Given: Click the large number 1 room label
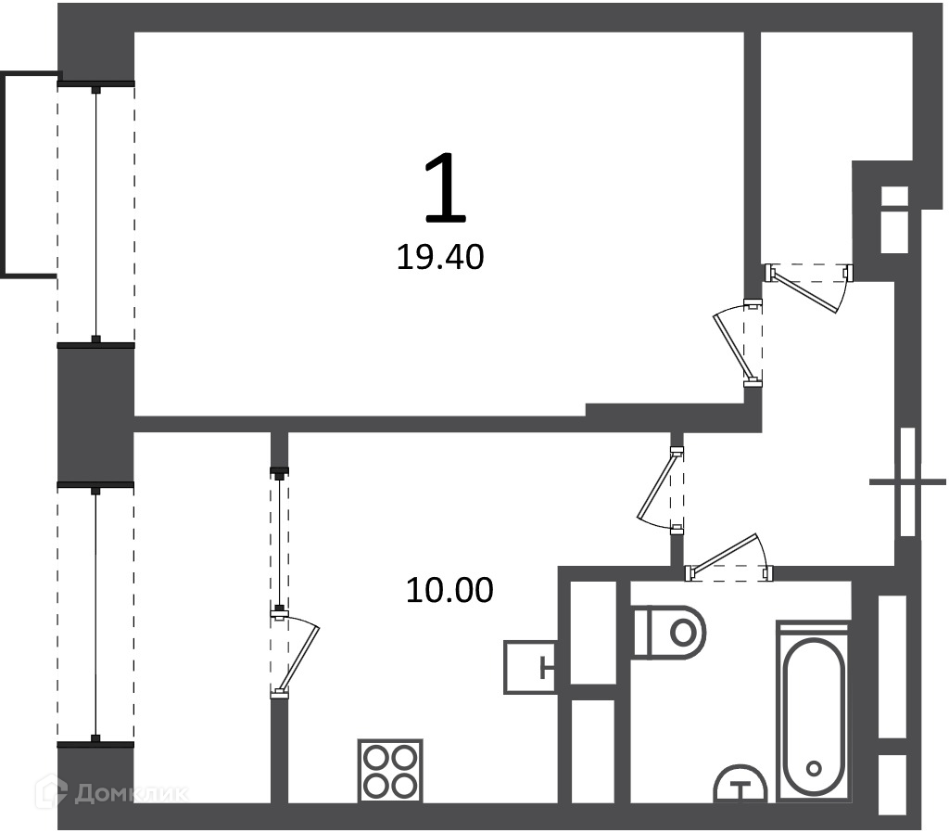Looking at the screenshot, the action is [446, 187].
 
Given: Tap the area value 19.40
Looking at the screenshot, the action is [440, 258].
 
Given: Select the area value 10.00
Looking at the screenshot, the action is [449, 590].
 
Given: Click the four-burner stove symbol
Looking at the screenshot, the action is [390, 771].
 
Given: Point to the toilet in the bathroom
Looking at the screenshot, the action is [669, 633].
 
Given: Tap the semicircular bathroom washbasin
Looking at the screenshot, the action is [740, 784].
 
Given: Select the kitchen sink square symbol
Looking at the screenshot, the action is [531, 667].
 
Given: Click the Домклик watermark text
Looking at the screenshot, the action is [131, 793].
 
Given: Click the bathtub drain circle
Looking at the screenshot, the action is [814, 769].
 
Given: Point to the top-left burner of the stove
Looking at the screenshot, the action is [376, 757].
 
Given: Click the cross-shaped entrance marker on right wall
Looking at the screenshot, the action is [907, 482].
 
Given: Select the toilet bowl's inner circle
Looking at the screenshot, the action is [684, 633].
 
